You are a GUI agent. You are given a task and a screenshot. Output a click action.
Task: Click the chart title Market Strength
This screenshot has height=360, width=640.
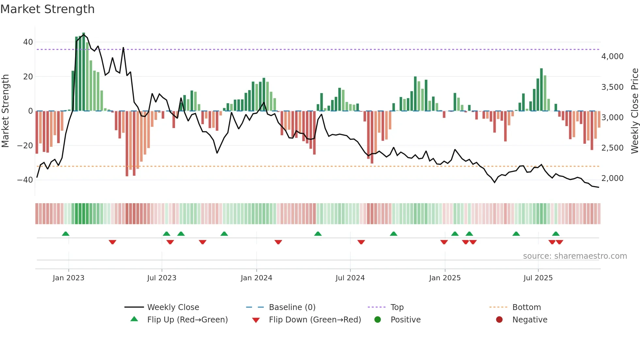(47, 9)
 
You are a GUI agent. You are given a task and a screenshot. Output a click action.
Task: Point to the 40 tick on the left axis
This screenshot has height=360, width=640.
(28, 42)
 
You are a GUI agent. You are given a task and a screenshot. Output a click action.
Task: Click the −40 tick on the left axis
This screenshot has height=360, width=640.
(25, 180)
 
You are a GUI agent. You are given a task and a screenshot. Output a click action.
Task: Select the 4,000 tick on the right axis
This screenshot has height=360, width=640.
(612, 57)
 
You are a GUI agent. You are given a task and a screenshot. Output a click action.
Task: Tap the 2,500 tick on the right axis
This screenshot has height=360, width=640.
(612, 148)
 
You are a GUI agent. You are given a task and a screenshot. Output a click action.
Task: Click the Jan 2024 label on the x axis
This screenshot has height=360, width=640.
(256, 278)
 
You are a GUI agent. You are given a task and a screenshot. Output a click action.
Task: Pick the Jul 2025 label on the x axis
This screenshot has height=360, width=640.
(538, 278)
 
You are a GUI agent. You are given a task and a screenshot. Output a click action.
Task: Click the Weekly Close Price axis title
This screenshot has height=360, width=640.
(634, 111)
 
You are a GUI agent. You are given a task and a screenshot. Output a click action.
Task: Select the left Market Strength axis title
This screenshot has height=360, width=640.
(6, 111)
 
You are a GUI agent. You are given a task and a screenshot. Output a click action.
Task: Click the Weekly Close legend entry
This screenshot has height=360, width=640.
(173, 307)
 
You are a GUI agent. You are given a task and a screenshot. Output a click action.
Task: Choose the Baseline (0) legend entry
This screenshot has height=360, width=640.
(292, 307)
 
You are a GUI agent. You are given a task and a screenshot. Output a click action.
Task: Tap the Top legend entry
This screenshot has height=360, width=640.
(397, 307)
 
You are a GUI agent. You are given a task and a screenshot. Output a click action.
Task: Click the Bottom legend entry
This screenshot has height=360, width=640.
(526, 307)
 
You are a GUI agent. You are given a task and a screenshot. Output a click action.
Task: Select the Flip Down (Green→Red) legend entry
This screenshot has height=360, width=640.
(314, 320)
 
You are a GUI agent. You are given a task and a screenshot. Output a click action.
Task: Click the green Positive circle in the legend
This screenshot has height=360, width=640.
(377, 320)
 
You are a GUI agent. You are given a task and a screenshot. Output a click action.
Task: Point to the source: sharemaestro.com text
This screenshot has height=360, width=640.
(575, 256)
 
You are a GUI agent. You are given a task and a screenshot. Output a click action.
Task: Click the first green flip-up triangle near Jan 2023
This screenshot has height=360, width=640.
(66, 234)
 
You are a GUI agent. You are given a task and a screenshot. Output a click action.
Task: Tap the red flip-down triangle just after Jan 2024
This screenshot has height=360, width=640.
(278, 242)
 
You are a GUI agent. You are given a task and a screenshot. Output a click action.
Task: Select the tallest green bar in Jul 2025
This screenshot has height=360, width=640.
(541, 90)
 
